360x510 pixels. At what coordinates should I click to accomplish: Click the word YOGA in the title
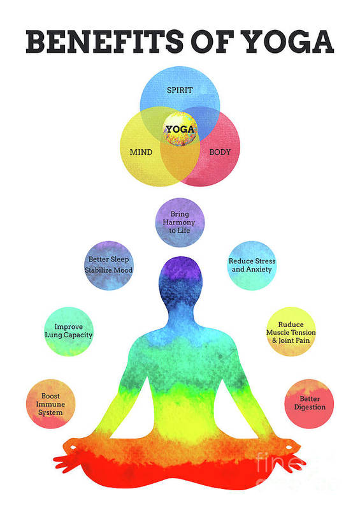pyautogui.click(x=289, y=41)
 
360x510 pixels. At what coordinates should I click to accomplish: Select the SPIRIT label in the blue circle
pyautogui.click(x=180, y=90)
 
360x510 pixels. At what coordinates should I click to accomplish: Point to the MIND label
pyautogui.click(x=141, y=152)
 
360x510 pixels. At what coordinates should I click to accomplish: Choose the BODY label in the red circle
pyautogui.click(x=220, y=152)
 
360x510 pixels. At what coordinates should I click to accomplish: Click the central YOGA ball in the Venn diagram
pyautogui.click(x=180, y=129)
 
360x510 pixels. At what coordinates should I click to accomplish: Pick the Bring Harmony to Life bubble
pyautogui.click(x=180, y=222)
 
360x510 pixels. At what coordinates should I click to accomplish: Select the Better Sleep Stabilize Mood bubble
pyautogui.click(x=108, y=265)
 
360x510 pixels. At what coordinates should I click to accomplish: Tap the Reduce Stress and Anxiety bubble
pyautogui.click(x=252, y=265)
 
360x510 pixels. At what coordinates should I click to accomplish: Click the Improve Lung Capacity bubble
pyautogui.click(x=69, y=331)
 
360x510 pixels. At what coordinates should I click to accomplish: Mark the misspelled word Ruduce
pyautogui.click(x=291, y=324)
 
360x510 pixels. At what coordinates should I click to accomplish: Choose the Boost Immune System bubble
pyautogui.click(x=51, y=404)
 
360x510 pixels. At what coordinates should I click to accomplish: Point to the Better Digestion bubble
pyautogui.click(x=309, y=404)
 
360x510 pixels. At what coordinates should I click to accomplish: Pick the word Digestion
pyautogui.click(x=310, y=407)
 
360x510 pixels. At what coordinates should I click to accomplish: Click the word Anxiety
pyautogui.click(x=259, y=270)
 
